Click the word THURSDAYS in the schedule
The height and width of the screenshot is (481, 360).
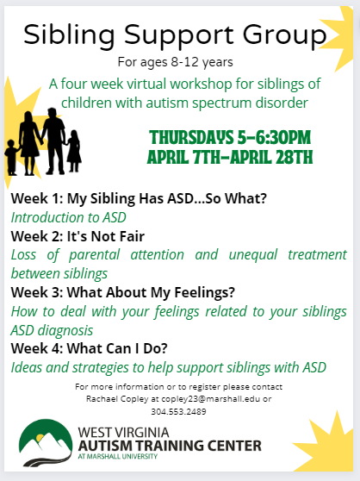click(191, 137)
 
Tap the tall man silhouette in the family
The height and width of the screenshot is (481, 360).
click(54, 141)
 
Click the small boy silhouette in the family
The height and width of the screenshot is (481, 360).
click(12, 158)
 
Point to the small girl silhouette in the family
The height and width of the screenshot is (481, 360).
click(74, 150)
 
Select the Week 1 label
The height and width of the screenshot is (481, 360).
click(37, 198)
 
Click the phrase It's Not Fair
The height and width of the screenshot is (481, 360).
click(106, 236)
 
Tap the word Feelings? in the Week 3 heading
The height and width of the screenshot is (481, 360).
click(204, 292)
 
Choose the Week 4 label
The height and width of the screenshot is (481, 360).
click(37, 348)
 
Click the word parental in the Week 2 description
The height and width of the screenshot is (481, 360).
click(95, 255)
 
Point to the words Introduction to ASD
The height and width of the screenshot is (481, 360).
click(69, 217)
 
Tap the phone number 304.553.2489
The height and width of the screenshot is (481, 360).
click(178, 411)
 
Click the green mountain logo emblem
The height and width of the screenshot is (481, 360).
click(46, 442)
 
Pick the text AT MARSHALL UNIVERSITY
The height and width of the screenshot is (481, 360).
click(118, 457)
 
